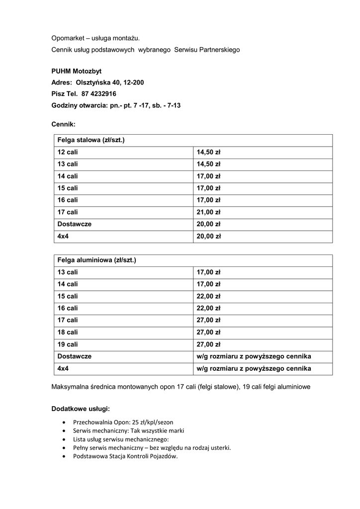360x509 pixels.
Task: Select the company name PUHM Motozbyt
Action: click(77, 71)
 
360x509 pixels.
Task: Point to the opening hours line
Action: click(116, 105)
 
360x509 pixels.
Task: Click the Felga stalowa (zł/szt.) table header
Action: click(91, 140)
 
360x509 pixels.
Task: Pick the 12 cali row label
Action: click(68, 152)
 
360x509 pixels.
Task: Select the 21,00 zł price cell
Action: click(208, 212)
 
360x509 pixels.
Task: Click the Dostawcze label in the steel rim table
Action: click(75, 224)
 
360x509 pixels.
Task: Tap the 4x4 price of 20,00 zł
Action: click(208, 237)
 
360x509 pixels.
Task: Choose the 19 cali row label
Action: click(68, 344)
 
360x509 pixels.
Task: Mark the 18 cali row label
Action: click(68, 332)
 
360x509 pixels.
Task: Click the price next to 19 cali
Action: click(208, 344)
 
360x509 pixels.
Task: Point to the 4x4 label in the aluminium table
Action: click(63, 368)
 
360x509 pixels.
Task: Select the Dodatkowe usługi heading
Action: click(81, 409)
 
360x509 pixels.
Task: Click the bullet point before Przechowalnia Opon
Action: click(64, 422)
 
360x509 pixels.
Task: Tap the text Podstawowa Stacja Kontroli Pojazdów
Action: click(125, 456)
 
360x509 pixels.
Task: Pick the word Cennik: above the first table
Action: click(64, 125)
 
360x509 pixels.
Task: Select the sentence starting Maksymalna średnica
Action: click(181, 387)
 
